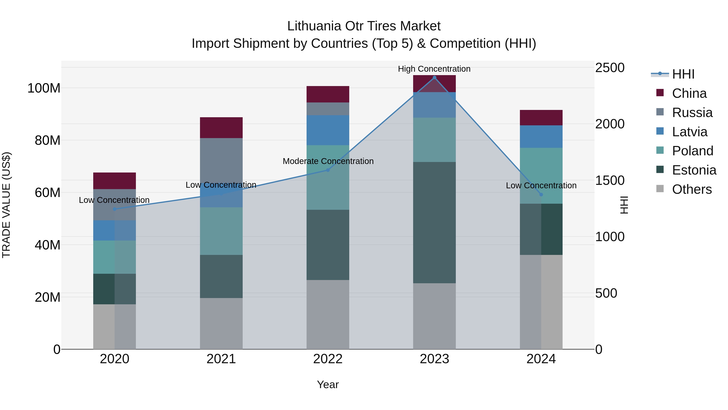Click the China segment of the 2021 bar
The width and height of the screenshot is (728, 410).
click(221, 128)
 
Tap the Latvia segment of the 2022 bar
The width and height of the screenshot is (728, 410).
click(328, 130)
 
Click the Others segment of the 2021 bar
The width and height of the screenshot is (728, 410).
click(221, 323)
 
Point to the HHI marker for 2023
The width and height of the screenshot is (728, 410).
click(434, 78)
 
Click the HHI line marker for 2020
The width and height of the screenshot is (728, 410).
click(114, 209)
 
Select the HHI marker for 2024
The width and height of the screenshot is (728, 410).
click(541, 194)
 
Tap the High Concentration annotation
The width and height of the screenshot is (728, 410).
click(434, 69)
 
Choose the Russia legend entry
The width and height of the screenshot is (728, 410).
click(692, 113)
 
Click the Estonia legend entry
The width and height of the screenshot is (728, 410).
click(694, 170)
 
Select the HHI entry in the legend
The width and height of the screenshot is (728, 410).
click(683, 74)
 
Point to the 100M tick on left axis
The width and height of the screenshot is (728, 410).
click(44, 88)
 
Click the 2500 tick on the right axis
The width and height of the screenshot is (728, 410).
click(609, 68)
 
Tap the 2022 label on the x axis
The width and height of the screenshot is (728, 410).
click(328, 359)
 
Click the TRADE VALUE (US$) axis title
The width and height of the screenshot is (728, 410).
click(6, 205)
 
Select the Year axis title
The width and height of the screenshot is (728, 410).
click(328, 384)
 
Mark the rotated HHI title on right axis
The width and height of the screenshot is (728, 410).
click(623, 205)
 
